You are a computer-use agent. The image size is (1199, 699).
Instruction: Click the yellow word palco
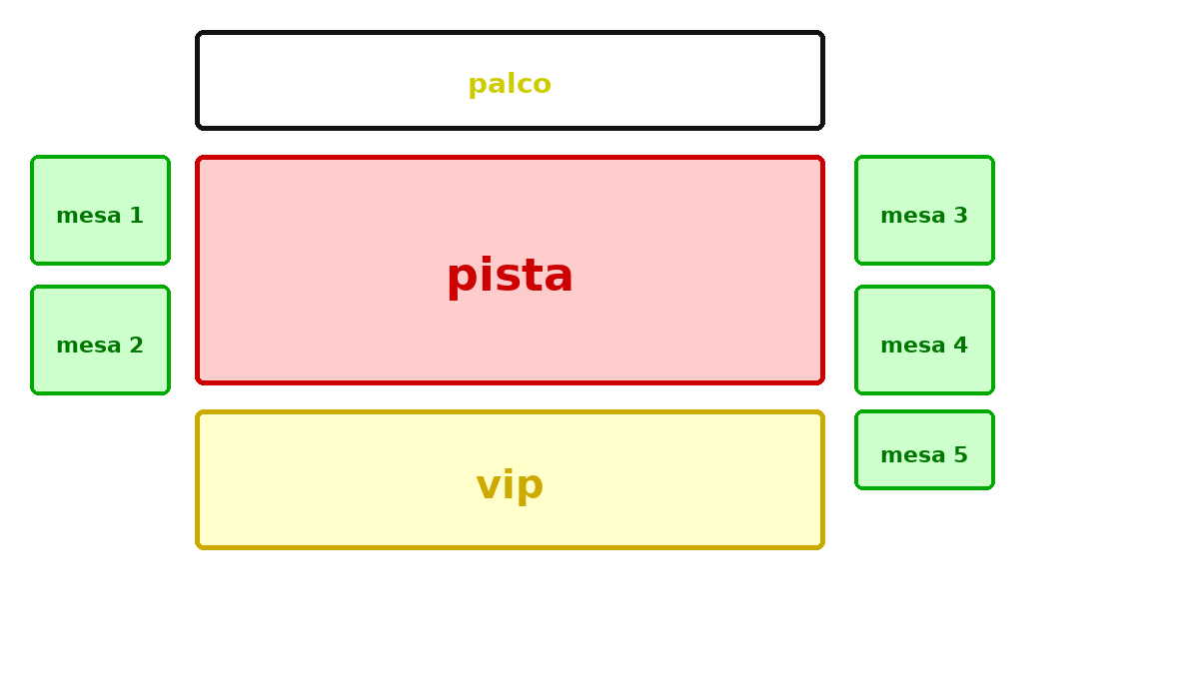[x=510, y=84]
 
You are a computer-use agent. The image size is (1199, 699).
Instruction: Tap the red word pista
[x=510, y=276]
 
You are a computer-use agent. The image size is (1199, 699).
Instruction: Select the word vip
[x=510, y=485]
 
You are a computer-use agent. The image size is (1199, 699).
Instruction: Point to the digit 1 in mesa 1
[x=137, y=216]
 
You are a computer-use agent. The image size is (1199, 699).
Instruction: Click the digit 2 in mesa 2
[x=137, y=346]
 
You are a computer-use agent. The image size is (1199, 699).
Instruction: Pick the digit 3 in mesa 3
[x=961, y=216]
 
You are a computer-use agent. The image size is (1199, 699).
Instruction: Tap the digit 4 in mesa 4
[x=961, y=346]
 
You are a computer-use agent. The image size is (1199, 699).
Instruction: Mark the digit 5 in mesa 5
[x=961, y=455]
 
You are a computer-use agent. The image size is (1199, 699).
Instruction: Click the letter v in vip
[x=488, y=486]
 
